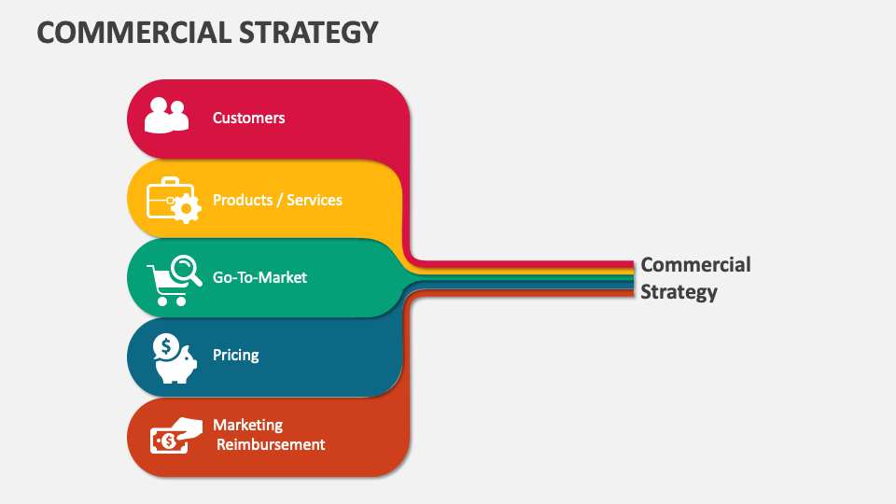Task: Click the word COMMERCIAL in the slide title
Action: click(134, 32)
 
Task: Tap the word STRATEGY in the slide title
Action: click(309, 32)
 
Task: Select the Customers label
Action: click(248, 118)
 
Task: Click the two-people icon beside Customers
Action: click(166, 115)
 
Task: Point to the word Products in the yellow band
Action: click(243, 200)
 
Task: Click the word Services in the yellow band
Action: click(315, 200)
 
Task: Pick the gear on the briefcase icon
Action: click(186, 208)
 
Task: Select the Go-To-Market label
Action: click(259, 277)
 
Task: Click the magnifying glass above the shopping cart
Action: click(187, 270)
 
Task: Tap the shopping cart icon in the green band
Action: click(168, 286)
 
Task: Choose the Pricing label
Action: click(235, 355)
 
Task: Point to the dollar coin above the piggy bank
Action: click(166, 347)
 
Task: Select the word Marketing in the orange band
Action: click(247, 426)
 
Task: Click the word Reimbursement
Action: click(271, 444)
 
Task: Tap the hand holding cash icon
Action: click(176, 436)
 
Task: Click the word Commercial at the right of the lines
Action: click(695, 264)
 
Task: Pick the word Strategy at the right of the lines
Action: click(679, 292)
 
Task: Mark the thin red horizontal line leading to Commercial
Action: click(523, 263)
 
